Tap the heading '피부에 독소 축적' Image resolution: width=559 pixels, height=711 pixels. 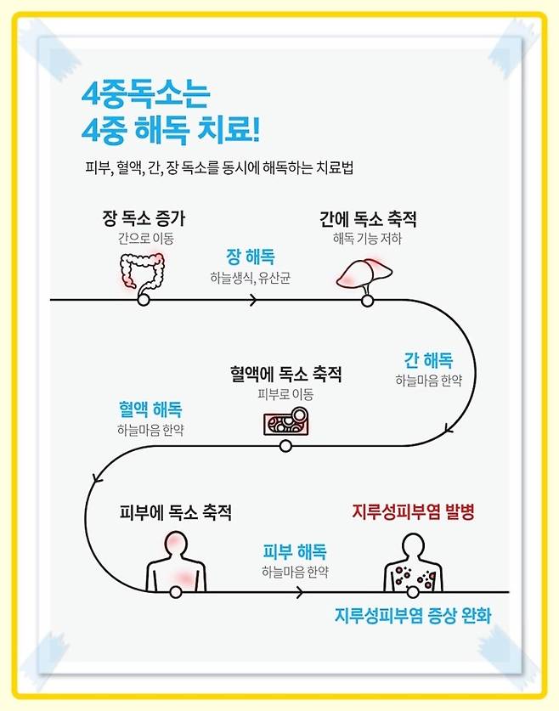[x=175, y=512]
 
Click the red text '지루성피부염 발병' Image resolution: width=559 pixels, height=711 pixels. [x=412, y=512]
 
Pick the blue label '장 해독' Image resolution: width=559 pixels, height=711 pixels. [x=250, y=257]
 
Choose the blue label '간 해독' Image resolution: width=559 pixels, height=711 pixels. [x=427, y=359]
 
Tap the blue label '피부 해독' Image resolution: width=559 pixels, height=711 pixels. [x=295, y=550]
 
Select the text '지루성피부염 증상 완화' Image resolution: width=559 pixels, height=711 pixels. [x=412, y=615]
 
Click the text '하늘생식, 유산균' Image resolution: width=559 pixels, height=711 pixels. [x=250, y=278]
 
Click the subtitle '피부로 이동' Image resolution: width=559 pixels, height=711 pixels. [x=285, y=394]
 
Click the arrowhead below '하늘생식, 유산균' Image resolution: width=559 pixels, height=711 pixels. [x=253, y=299]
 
